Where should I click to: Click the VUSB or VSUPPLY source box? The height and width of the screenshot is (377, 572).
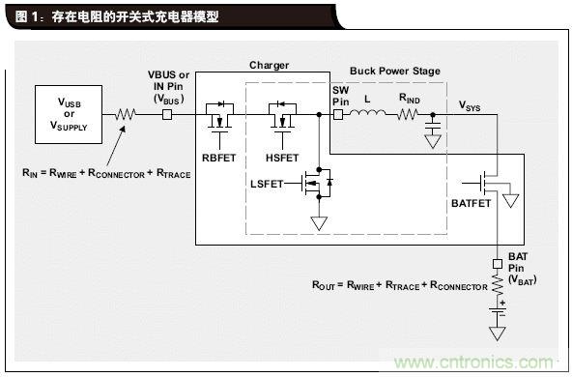tap(70, 114)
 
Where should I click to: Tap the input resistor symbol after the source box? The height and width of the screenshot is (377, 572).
tap(126, 114)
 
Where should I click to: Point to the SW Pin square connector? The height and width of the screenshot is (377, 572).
tap(338, 114)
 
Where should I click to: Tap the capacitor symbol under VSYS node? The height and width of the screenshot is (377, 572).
tap(432, 127)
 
